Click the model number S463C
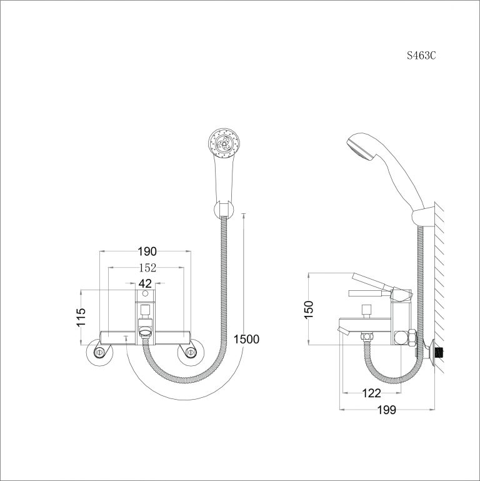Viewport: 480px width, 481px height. click(421, 55)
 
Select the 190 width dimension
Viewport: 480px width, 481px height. click(146, 251)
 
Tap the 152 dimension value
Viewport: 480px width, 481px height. click(146, 268)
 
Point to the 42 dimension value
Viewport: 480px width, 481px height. click(145, 283)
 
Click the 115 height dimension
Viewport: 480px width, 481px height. click(81, 318)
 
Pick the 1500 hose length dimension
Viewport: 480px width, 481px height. click(246, 339)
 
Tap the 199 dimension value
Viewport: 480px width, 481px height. click(387, 410)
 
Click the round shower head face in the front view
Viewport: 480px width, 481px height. click(224, 141)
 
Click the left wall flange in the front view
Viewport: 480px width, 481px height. click(100, 353)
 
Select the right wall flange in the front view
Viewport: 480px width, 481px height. click(189, 353)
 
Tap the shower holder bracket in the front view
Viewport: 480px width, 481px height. click(223, 210)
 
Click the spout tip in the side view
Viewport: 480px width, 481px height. click(341, 328)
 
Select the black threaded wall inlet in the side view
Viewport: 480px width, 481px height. click(442, 352)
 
